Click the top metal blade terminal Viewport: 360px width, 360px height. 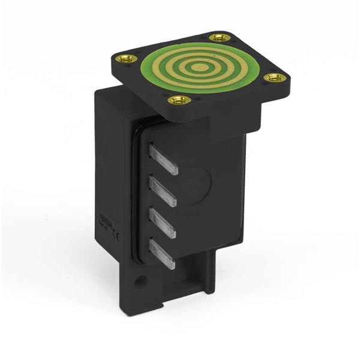point(163,160)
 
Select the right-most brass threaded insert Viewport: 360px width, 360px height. point(274,77)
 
